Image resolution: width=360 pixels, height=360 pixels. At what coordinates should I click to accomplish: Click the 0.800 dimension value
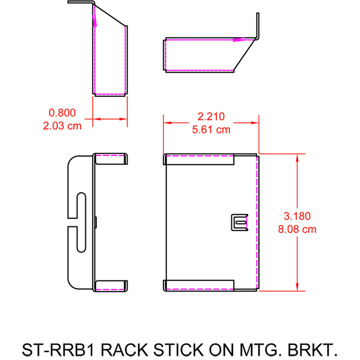[62, 113]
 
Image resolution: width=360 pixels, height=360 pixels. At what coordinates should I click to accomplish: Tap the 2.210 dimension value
[211, 116]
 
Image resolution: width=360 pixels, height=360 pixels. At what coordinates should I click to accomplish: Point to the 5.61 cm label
[211, 129]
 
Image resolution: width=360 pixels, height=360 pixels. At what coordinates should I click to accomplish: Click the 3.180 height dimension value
[297, 216]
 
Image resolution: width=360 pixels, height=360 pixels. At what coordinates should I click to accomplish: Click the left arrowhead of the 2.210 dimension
[168, 123]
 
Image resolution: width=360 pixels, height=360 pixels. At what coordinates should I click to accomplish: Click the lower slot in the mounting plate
[81, 240]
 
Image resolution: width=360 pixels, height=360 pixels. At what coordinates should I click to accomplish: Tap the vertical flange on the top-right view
[257, 25]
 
